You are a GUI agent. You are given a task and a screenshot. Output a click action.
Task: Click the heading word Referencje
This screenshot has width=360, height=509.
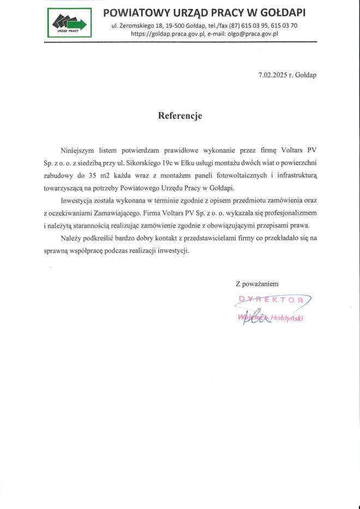click(x=180, y=116)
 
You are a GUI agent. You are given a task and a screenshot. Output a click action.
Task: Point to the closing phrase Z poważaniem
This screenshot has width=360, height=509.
click(x=257, y=284)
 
